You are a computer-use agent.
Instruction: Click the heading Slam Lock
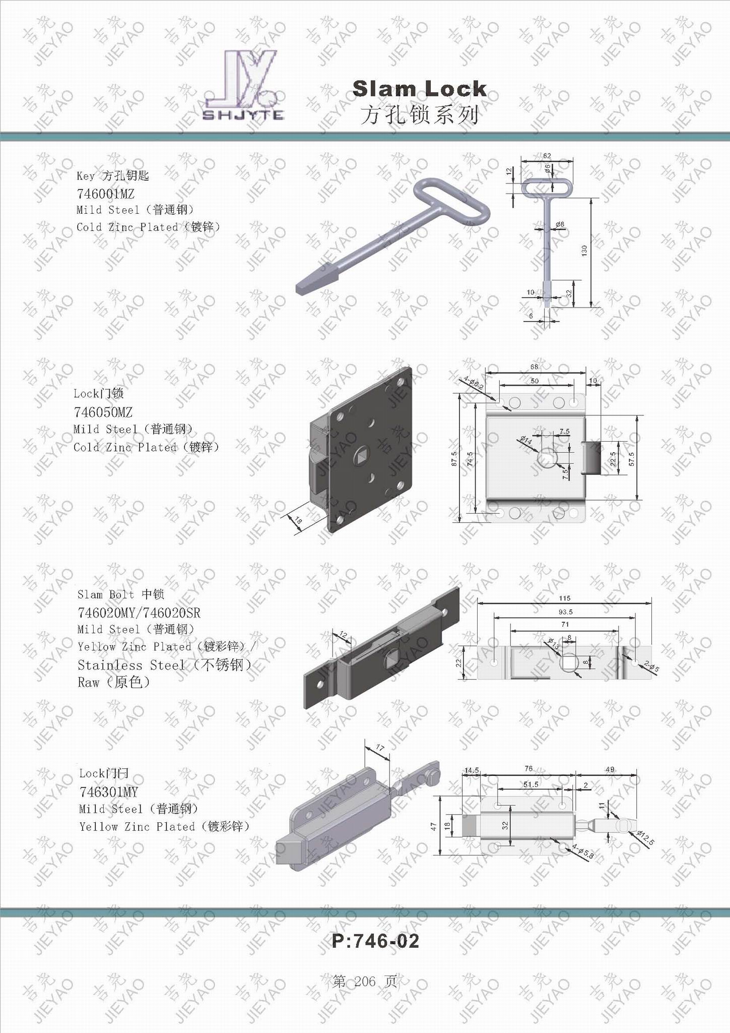(420, 89)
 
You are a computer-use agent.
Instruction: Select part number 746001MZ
(105, 194)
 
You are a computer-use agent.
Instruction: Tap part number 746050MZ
(103, 412)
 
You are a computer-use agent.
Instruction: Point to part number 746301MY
(108, 792)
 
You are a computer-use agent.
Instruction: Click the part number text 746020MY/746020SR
(139, 613)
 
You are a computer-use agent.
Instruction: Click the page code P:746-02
(375, 941)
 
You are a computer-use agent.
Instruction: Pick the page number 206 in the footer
(365, 981)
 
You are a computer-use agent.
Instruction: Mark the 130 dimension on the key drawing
(584, 250)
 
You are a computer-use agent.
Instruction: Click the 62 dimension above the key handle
(547, 156)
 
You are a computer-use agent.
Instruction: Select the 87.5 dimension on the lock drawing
(454, 459)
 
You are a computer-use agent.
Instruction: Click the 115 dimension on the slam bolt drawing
(564, 598)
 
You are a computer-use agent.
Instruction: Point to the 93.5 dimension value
(566, 612)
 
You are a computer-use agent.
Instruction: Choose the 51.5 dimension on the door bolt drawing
(530, 784)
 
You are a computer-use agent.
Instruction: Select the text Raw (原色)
(113, 683)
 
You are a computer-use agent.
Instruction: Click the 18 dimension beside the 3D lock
(298, 520)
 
